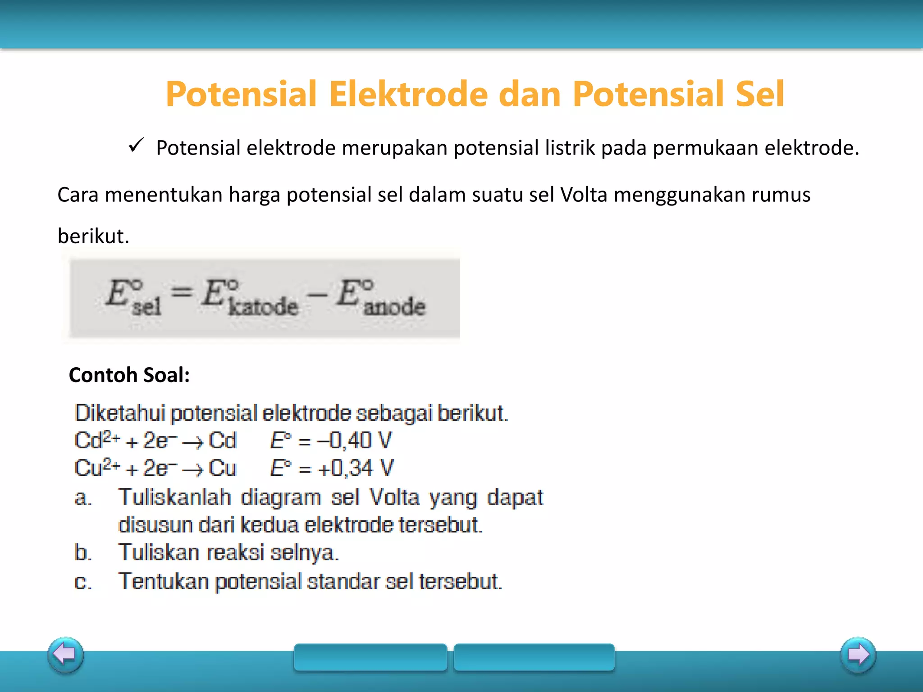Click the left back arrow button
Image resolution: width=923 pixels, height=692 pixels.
point(66,655)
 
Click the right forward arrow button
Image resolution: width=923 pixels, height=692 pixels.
point(858,655)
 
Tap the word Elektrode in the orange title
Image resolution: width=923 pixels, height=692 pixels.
point(408,94)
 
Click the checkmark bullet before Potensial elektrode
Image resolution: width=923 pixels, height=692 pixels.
point(136,146)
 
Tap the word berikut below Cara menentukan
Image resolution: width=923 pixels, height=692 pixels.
point(93,236)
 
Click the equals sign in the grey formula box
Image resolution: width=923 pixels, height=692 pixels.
point(182,293)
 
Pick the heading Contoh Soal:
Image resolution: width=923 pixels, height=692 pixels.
point(129,375)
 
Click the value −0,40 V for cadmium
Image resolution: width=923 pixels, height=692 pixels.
point(355,441)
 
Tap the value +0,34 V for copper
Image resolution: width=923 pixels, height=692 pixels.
point(356,468)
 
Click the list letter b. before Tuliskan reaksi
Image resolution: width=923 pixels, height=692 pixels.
point(83,553)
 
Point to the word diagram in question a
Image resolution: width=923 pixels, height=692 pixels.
point(281,498)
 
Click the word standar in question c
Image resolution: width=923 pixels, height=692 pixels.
point(343,582)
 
